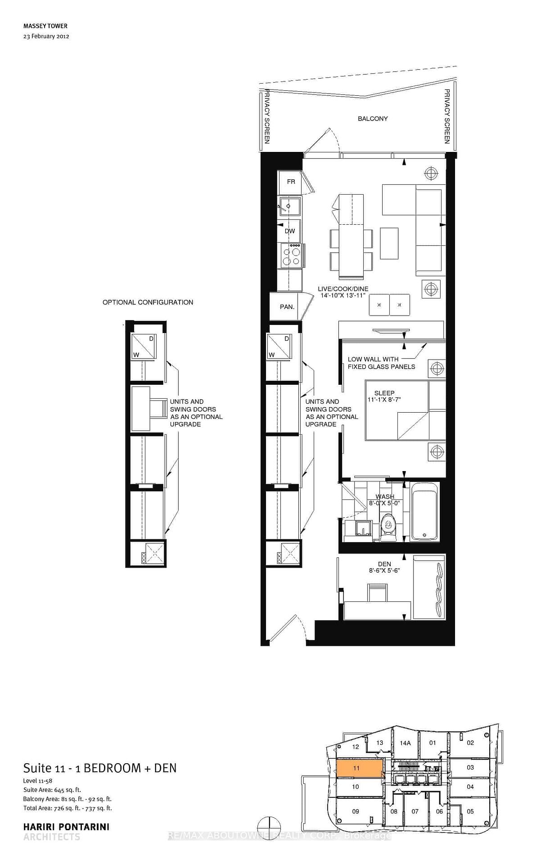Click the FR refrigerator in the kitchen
click(291, 182)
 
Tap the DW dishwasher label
click(290, 231)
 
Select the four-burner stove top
click(291, 256)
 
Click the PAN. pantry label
click(287, 307)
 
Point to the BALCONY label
click(373, 119)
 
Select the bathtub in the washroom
click(424, 512)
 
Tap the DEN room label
click(384, 564)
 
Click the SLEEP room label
click(384, 393)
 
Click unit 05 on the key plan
click(470, 811)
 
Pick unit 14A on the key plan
click(405, 743)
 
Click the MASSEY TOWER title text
click(45, 26)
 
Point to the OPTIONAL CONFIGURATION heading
click(148, 302)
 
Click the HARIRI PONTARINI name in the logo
click(66, 827)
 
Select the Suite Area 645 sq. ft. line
click(52, 790)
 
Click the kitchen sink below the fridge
click(290, 207)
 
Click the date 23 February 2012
click(46, 36)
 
